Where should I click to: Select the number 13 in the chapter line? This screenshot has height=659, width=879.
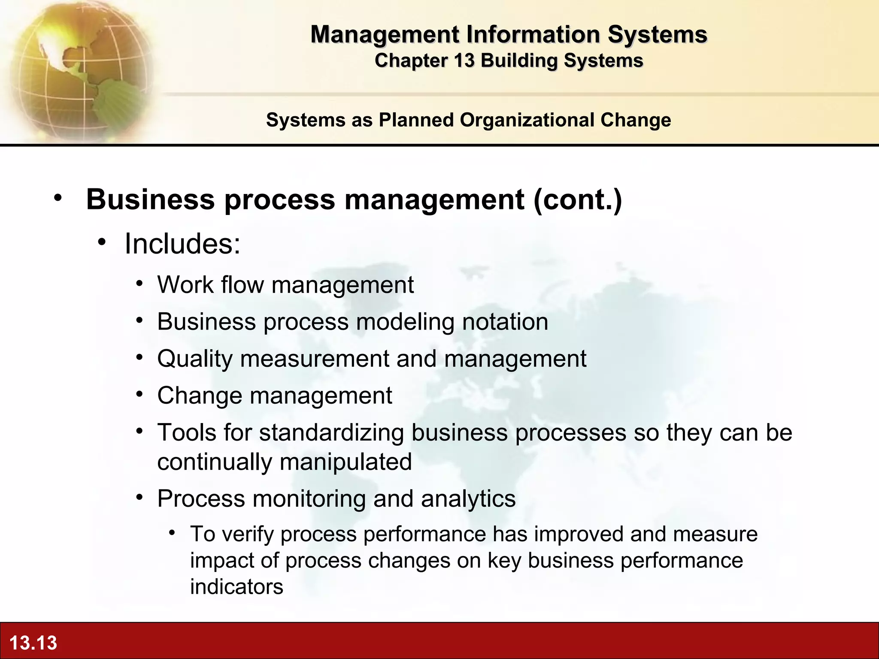pyautogui.click(x=464, y=60)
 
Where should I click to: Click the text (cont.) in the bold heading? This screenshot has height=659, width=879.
pyautogui.click(x=577, y=200)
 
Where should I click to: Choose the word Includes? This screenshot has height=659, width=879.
pyautogui.click(x=182, y=244)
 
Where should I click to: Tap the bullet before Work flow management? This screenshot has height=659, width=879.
pyautogui.click(x=139, y=284)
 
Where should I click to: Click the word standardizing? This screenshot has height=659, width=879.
pyautogui.click(x=332, y=432)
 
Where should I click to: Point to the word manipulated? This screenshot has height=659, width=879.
pyautogui.click(x=346, y=462)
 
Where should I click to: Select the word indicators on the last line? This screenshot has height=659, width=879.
pyautogui.click(x=236, y=587)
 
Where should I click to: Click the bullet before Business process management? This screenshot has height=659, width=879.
pyautogui.click(x=58, y=198)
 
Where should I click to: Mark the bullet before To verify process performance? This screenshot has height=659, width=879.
pyautogui.click(x=172, y=533)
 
